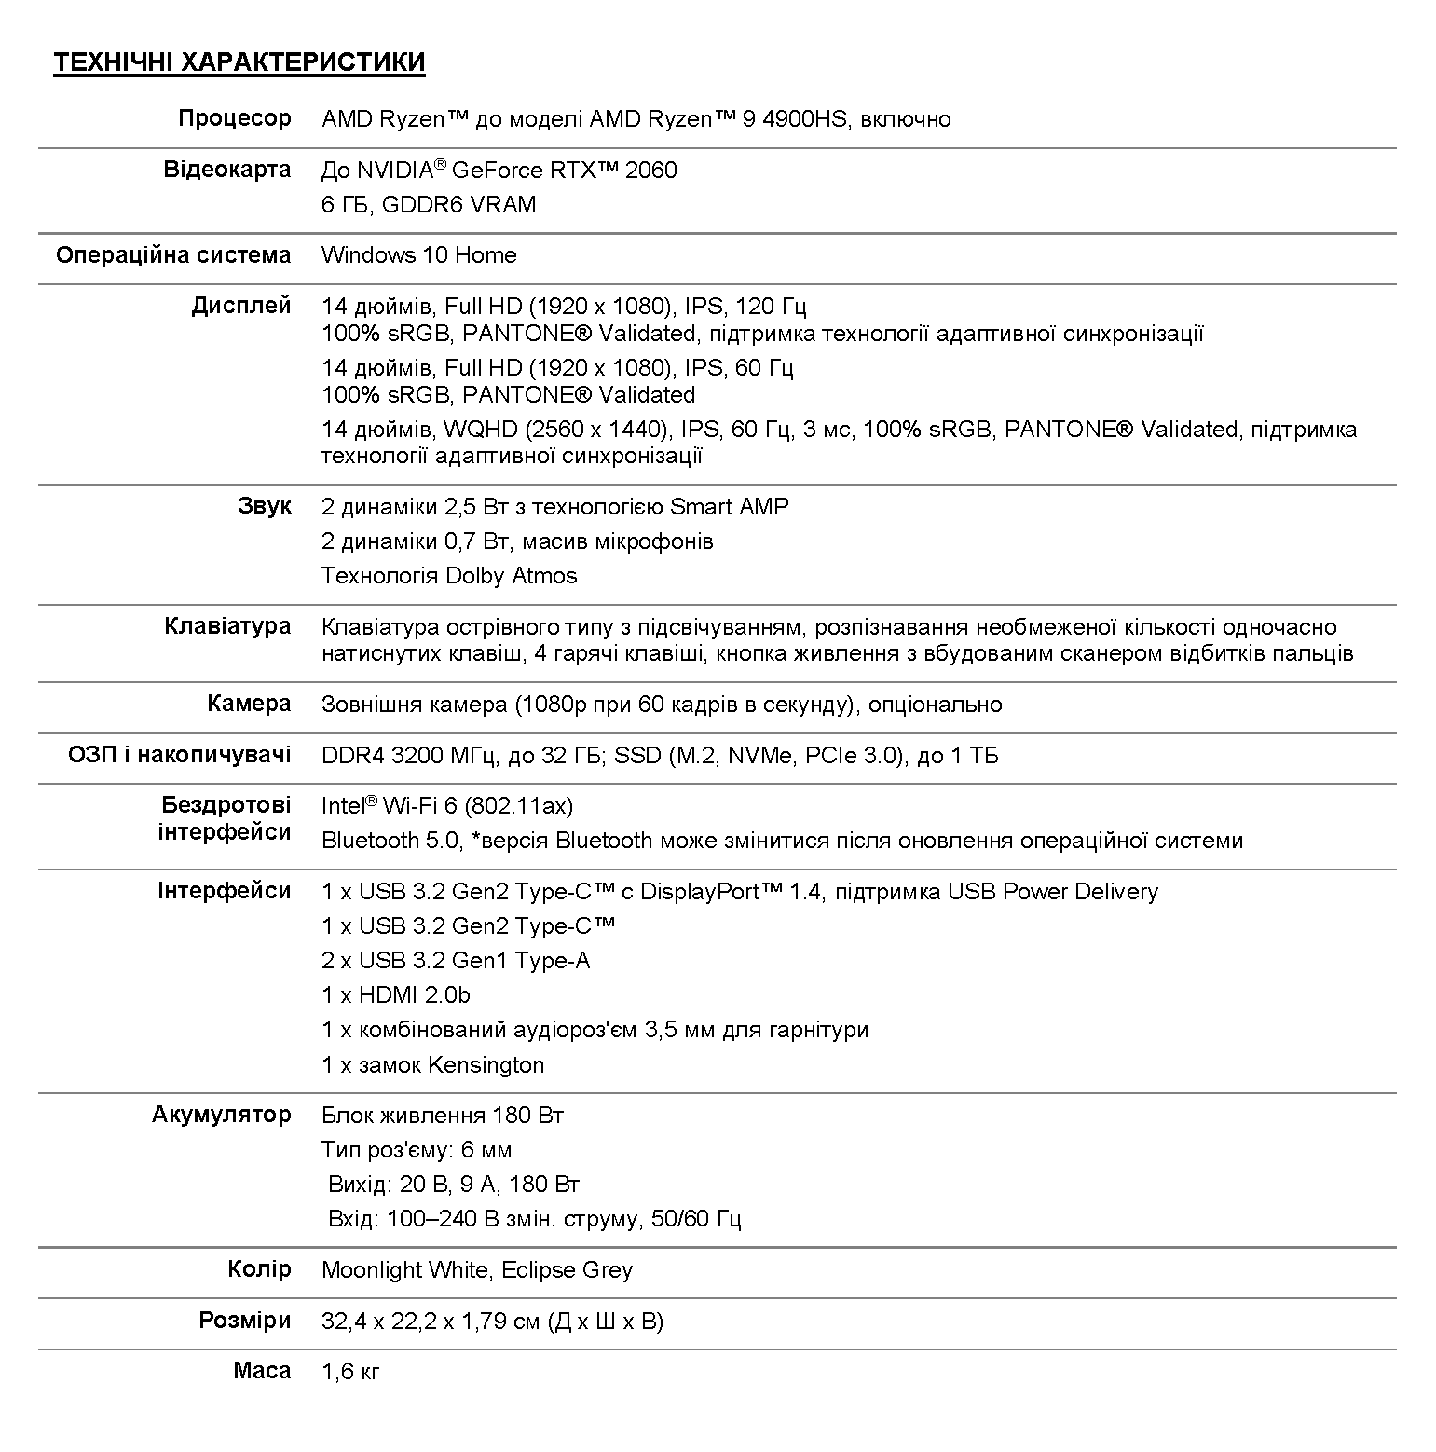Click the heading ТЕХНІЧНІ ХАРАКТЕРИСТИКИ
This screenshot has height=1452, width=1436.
coord(239,62)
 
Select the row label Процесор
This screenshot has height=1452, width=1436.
coord(235,119)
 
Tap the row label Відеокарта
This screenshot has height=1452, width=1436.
coord(227,170)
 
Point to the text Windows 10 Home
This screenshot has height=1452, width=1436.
coord(418,255)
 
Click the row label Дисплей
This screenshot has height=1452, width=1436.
coord(241,306)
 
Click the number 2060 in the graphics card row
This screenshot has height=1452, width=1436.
coord(651,171)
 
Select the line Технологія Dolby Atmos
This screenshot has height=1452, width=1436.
coord(449,576)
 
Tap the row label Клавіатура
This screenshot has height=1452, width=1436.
coord(227,626)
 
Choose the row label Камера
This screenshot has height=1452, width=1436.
coord(249,704)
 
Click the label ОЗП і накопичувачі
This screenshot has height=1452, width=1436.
coord(180,755)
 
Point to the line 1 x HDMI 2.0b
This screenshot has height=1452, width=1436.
coord(396,995)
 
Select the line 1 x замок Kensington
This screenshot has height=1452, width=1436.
coord(432,1065)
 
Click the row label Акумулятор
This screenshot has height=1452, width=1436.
coord(222,1115)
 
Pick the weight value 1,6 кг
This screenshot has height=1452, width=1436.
coord(350,1372)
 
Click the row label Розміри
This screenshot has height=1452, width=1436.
coord(245,1321)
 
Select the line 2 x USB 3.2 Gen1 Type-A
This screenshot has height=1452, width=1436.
coord(456,961)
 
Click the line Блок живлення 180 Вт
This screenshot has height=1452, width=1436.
coord(443,1116)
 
